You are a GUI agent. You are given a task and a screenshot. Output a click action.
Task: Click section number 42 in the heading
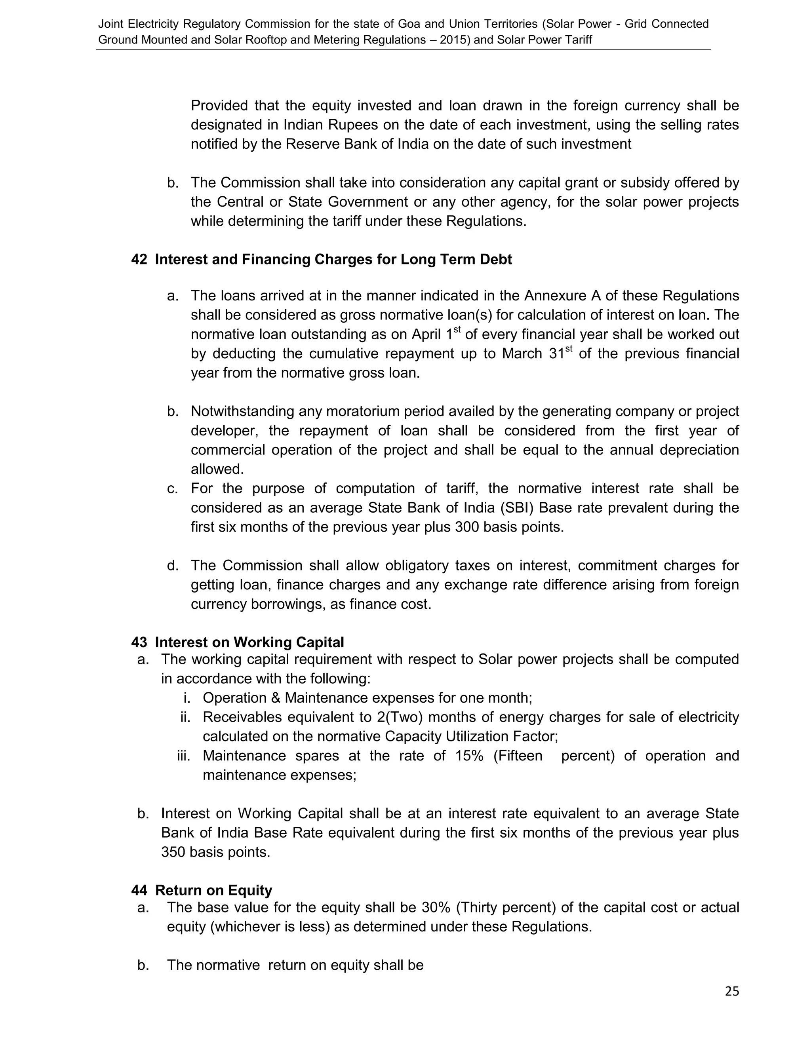point(139,259)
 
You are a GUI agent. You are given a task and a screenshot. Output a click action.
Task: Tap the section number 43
point(139,642)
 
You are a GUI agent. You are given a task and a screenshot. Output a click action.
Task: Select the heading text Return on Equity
point(213,890)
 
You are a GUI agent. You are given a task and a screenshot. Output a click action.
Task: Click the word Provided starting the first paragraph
point(219,105)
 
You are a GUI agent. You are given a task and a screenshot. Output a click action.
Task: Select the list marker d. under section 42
point(173,566)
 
